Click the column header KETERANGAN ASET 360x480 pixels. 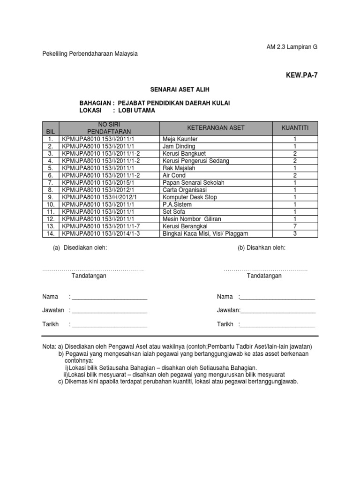coord(216,128)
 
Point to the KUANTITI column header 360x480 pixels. coord(295,128)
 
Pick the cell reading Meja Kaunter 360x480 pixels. coord(180,139)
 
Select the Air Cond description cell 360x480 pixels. coord(173,175)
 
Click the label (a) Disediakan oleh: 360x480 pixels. coord(80,247)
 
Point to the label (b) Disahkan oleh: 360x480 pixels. coord(262,247)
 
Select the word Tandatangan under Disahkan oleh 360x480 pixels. coord(264,276)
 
